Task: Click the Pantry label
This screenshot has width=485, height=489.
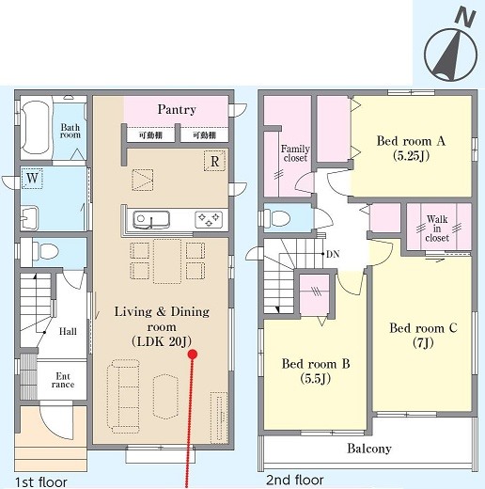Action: tap(177, 109)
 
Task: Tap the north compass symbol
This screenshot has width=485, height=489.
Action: tap(451, 46)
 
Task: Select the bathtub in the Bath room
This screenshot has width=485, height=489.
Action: tap(36, 128)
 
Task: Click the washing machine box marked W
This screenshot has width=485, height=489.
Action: tap(32, 179)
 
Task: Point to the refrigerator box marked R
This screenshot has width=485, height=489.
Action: tap(214, 162)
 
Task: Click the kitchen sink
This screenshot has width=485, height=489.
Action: tap(151, 219)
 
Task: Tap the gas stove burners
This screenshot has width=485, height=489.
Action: tap(209, 219)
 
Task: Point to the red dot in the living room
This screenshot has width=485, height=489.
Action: tap(193, 355)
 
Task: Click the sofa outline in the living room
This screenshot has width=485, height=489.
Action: tap(123, 396)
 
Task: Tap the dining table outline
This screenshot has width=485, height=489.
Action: tap(167, 261)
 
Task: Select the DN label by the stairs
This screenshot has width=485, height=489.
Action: tap(333, 254)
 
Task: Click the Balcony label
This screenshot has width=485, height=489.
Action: tap(369, 449)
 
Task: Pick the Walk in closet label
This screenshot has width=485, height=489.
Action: tap(437, 229)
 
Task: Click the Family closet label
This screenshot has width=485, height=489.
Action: tap(295, 153)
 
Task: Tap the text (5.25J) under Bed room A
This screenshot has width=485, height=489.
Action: tap(411, 156)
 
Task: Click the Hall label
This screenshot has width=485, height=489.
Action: tap(68, 331)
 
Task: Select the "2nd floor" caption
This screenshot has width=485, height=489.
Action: tap(295, 480)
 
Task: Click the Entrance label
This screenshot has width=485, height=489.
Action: tap(63, 380)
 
